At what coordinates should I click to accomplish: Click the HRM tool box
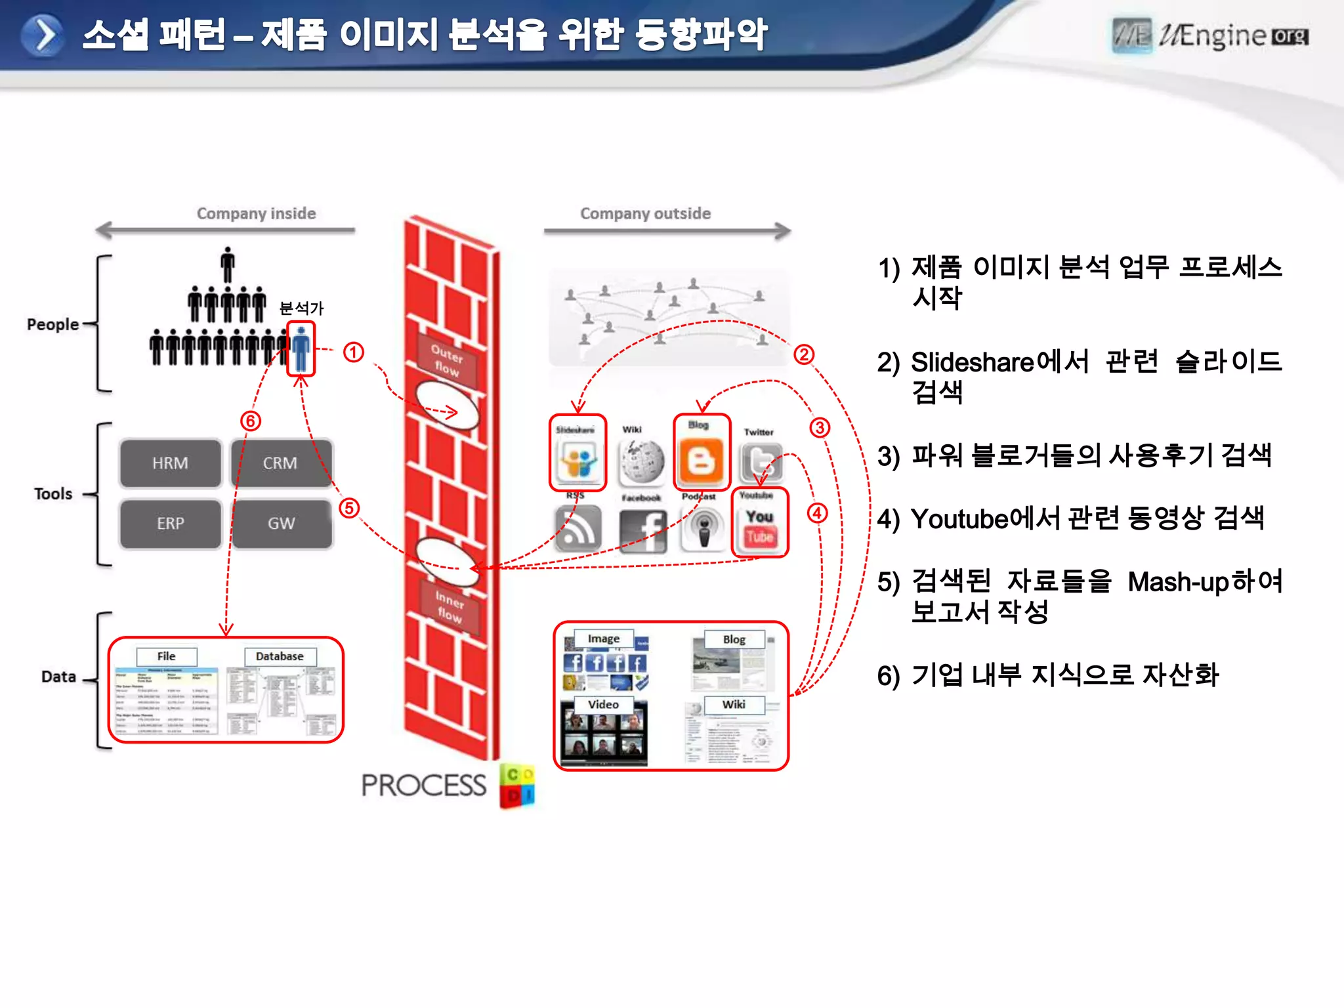170,463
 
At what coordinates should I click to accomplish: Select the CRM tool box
280,463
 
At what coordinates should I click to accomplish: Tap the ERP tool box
170,524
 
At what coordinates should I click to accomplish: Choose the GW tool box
281,524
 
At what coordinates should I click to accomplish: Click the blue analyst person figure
301,348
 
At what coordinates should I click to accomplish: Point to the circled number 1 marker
354,352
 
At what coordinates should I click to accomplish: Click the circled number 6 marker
251,421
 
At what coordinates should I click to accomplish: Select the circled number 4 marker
817,513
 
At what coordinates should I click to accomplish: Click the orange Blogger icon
701,459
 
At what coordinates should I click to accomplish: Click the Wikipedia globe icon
641,460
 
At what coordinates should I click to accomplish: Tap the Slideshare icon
577,459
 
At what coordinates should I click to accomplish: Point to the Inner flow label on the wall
450,606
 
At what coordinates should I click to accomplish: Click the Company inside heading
256,213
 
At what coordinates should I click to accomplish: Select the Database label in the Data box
280,656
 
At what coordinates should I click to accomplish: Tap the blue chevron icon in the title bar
43,35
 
